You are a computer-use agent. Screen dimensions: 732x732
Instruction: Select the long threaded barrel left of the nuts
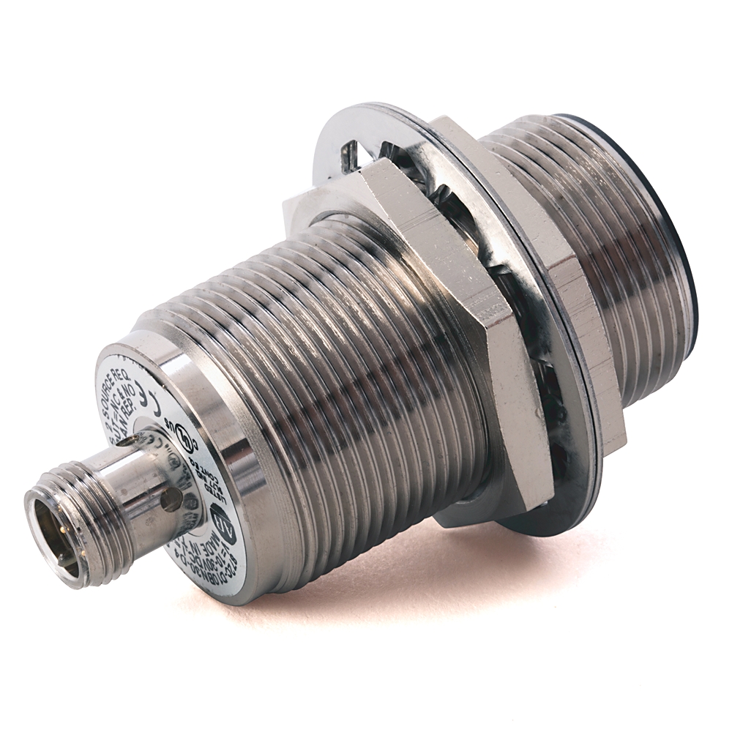[344, 366]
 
